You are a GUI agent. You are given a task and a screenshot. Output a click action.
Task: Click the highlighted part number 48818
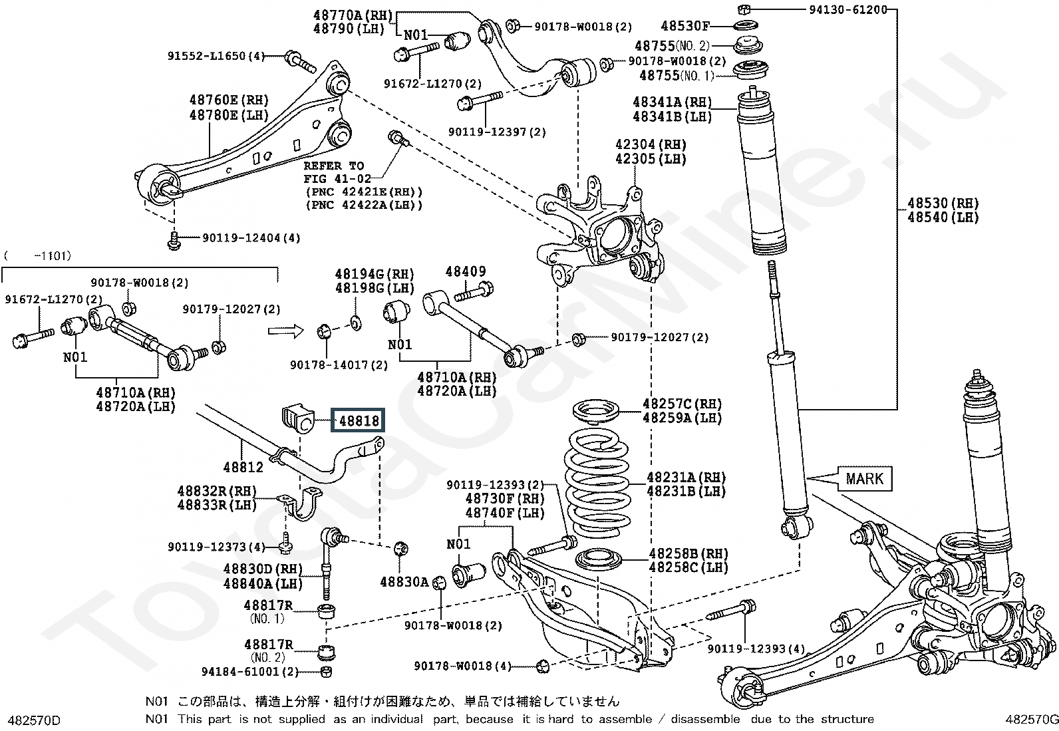pos(357,420)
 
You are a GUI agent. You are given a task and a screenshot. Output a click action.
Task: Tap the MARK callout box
pos(864,478)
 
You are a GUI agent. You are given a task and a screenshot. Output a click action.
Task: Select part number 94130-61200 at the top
pos(847,9)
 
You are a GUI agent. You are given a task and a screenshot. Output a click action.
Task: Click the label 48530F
pos(684,25)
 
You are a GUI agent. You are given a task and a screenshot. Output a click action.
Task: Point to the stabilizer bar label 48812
pos(243,467)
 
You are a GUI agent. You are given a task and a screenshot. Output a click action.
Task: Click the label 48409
pos(466,271)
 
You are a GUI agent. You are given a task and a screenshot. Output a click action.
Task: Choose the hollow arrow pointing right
pos(285,331)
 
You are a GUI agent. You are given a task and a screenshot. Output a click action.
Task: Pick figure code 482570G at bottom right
pos(1032,719)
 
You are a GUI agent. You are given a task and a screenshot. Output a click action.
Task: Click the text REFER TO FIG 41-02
pos(334,172)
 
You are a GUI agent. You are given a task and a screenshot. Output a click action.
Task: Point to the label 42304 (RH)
pos(651,144)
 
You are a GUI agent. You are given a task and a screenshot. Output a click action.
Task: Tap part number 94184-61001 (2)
pos(250,671)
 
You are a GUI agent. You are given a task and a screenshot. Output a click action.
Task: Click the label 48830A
pos(404,582)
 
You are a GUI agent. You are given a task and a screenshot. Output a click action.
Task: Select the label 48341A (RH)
pos(673,102)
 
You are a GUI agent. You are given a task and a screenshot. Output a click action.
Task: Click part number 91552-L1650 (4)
pos(217,56)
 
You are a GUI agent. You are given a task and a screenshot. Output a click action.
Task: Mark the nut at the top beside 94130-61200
pos(743,9)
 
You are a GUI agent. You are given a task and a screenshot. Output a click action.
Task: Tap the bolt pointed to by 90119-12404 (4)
pos(174,240)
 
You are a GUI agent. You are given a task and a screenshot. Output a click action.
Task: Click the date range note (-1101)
pos(37,256)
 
